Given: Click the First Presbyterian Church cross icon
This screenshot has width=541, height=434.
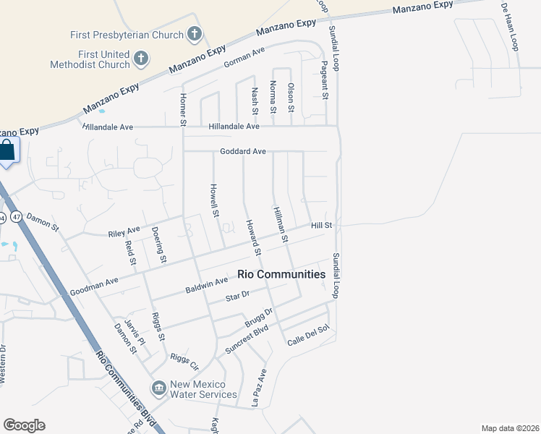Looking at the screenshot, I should (x=194, y=34).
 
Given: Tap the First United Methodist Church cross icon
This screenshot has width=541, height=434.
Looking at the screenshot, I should (x=141, y=58).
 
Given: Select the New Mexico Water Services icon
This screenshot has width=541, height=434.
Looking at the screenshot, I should (x=158, y=388).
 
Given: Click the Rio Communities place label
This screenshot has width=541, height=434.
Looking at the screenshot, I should (x=281, y=275).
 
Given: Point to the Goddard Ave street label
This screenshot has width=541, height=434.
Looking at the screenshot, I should (x=244, y=151).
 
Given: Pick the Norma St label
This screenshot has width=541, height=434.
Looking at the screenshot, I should (x=273, y=100).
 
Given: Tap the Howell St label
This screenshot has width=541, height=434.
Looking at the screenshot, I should (x=214, y=199).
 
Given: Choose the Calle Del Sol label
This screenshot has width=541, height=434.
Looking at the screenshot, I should (x=308, y=340).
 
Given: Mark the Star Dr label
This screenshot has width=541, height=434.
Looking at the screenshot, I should (x=237, y=296).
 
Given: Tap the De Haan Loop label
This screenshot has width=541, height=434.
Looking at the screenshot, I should (x=510, y=26).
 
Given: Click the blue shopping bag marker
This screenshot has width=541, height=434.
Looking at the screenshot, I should (x=7, y=151).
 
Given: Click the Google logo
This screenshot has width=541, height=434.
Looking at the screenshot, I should (x=24, y=425).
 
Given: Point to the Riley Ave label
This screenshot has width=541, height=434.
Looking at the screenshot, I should (x=124, y=231).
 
